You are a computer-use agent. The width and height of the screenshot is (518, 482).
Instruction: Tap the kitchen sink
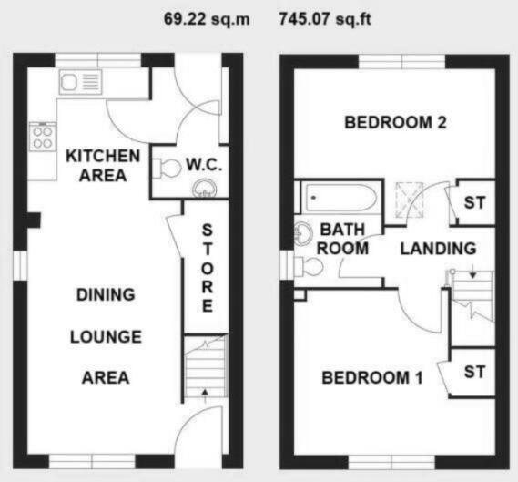click(x=80, y=83)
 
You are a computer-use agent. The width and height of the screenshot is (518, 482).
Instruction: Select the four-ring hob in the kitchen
click(x=43, y=138)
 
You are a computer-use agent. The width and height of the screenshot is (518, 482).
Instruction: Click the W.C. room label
click(x=204, y=166)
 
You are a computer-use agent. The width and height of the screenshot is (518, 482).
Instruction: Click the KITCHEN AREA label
click(x=102, y=165)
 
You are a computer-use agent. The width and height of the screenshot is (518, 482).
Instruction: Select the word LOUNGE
click(x=106, y=336)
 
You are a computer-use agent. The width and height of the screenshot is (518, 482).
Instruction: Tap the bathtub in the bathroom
click(x=338, y=196)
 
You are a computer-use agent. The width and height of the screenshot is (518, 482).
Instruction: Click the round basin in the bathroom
click(x=304, y=233)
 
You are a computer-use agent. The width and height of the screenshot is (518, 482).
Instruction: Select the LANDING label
click(x=438, y=248)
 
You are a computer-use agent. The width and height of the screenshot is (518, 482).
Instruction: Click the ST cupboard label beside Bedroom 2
click(x=474, y=202)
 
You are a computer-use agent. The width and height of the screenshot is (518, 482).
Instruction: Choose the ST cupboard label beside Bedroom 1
click(x=474, y=372)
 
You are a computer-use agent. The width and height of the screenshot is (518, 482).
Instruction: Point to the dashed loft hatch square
click(x=409, y=200)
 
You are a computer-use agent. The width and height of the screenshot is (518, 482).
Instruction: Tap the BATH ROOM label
click(x=341, y=239)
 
